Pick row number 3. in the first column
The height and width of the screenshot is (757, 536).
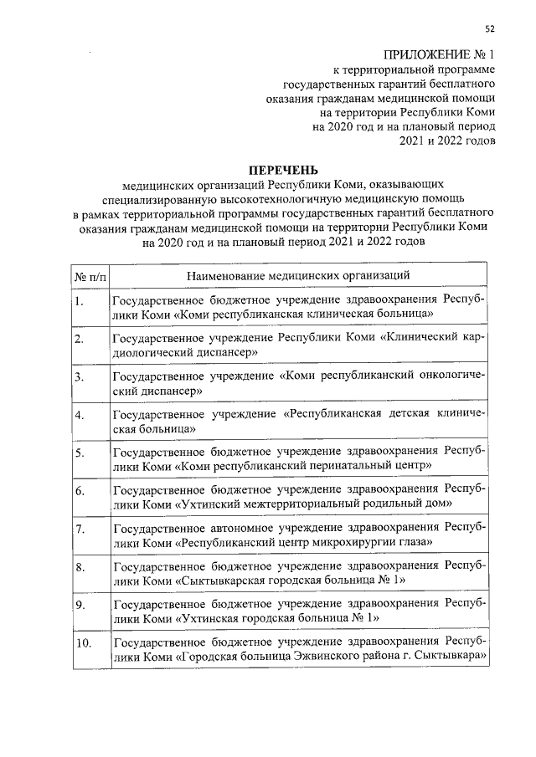coord(80,378)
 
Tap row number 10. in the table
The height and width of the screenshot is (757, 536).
coord(82,644)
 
